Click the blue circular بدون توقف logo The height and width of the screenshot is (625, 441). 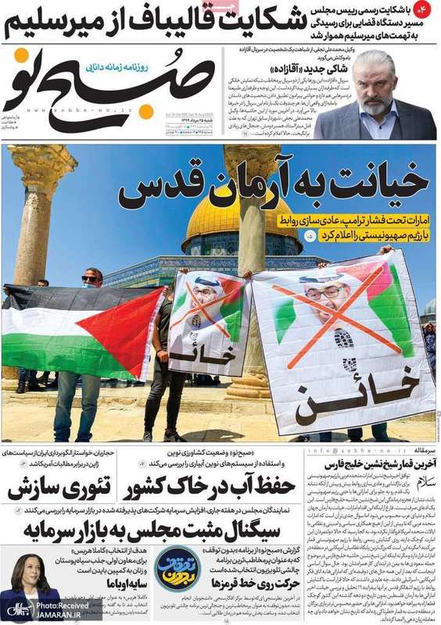pyautogui.click(x=177, y=571)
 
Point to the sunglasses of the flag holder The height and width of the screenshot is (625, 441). pyautogui.click(x=91, y=278)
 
